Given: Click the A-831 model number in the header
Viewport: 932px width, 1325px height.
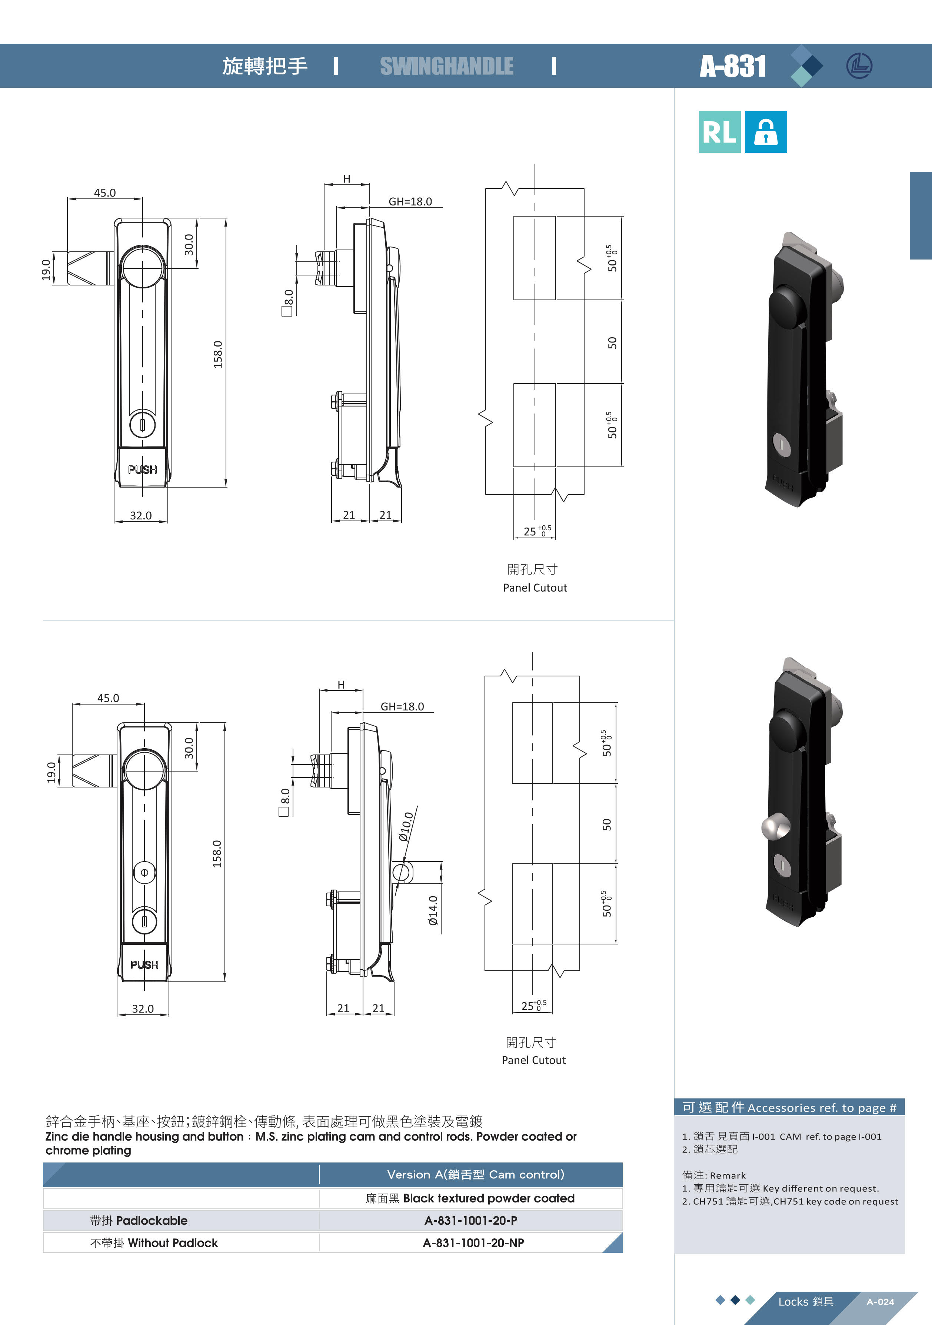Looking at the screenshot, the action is point(733,66).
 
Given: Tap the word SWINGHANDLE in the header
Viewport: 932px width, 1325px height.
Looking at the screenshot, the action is point(446,66).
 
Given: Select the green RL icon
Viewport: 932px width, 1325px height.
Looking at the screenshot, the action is point(719,132).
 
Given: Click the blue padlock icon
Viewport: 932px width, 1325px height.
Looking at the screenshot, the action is point(766,132).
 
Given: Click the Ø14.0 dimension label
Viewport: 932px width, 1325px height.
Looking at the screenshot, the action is point(433,911).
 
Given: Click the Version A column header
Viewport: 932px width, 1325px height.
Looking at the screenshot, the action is point(476,1174).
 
